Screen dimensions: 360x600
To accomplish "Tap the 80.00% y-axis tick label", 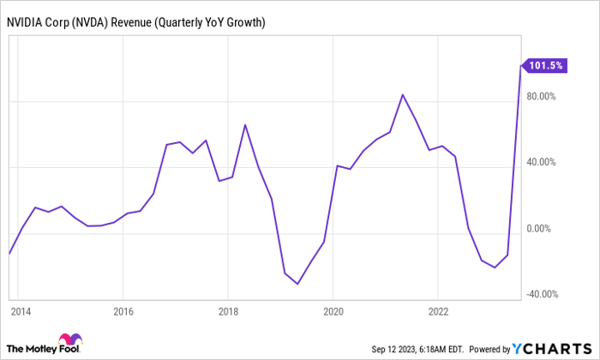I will pos(543,96).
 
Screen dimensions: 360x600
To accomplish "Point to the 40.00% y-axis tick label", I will pos(543,162).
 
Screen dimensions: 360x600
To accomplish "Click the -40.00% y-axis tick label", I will pos(542,295).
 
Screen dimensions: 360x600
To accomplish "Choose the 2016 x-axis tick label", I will pos(123,310).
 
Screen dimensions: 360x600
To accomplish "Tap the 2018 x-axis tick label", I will pos(228,310).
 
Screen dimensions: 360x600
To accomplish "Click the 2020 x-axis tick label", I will pos(333,310).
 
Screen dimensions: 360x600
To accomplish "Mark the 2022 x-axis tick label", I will pos(437,310).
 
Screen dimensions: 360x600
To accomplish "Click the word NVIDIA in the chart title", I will pos(28,21).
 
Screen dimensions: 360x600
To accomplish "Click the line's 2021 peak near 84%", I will pos(403,94).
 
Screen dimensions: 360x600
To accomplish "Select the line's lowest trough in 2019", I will pos(297,284).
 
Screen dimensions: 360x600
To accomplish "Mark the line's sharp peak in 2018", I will pos(245,125).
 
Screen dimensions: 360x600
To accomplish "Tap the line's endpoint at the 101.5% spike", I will pos(520,64).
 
